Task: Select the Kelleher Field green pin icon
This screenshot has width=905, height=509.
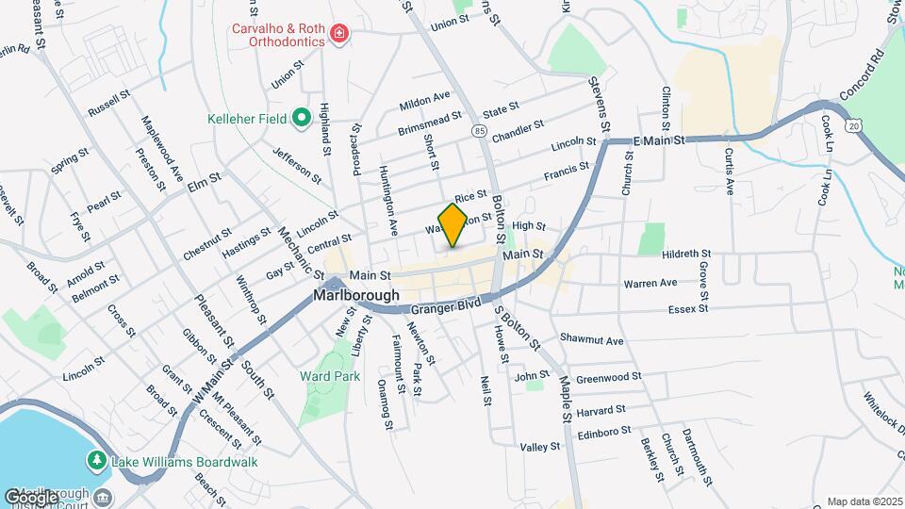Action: (301, 118)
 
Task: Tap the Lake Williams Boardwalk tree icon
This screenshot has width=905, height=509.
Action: (95, 460)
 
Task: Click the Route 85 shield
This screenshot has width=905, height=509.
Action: (481, 130)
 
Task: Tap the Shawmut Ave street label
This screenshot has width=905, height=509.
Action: (592, 339)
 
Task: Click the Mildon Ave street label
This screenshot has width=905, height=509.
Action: (424, 99)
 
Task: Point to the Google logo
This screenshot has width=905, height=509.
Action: (31, 497)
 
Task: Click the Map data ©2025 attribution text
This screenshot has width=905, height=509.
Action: (864, 501)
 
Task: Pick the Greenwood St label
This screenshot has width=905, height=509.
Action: (608, 376)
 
